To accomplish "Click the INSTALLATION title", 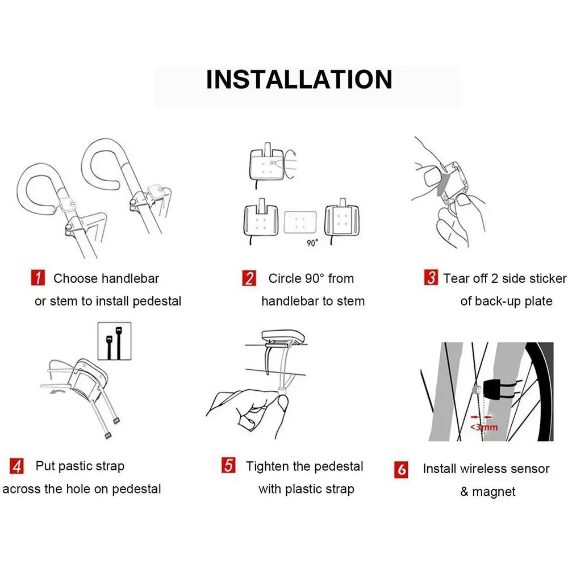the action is (299, 80).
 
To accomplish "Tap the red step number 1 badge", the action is (38, 278).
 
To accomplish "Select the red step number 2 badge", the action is (249, 278).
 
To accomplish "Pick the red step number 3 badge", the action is (431, 277).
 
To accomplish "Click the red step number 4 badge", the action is (16, 466).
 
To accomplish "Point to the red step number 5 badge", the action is (228, 465).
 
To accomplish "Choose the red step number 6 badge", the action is (402, 470).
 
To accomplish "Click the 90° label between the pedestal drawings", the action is (312, 243).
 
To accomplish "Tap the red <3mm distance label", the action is (485, 427).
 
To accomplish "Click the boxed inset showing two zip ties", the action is (115, 341).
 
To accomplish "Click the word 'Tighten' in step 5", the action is (268, 466).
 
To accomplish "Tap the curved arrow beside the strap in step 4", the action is (58, 392).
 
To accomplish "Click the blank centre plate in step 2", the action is (300, 222).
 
